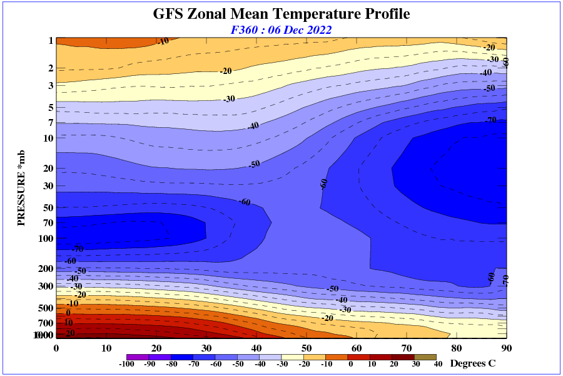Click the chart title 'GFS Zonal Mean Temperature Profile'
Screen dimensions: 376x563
[281, 14]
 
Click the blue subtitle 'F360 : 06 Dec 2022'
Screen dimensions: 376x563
[281, 29]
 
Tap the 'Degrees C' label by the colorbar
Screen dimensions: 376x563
[473, 363]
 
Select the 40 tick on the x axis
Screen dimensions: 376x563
[256, 348]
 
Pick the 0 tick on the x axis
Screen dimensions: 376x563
[56, 348]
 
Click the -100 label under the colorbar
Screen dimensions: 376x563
[126, 364]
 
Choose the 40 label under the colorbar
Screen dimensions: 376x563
[438, 364]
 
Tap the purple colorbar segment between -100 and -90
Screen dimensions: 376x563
[136, 357]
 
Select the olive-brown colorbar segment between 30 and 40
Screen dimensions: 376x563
[426, 357]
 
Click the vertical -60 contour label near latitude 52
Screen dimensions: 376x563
[324, 183]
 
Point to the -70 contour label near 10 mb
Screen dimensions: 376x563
[491, 120]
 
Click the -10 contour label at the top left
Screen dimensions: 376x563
[164, 41]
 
